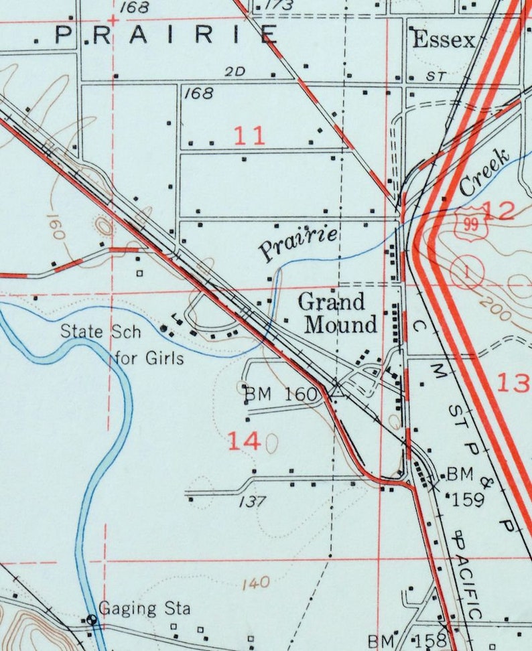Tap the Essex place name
444,40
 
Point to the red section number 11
249,136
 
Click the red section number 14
243,441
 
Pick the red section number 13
513,382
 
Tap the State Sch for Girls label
123,344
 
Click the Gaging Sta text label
145,609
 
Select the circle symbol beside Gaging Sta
92,619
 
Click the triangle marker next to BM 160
338,390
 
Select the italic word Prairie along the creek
298,243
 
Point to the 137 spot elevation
247,501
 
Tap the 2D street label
236,71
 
